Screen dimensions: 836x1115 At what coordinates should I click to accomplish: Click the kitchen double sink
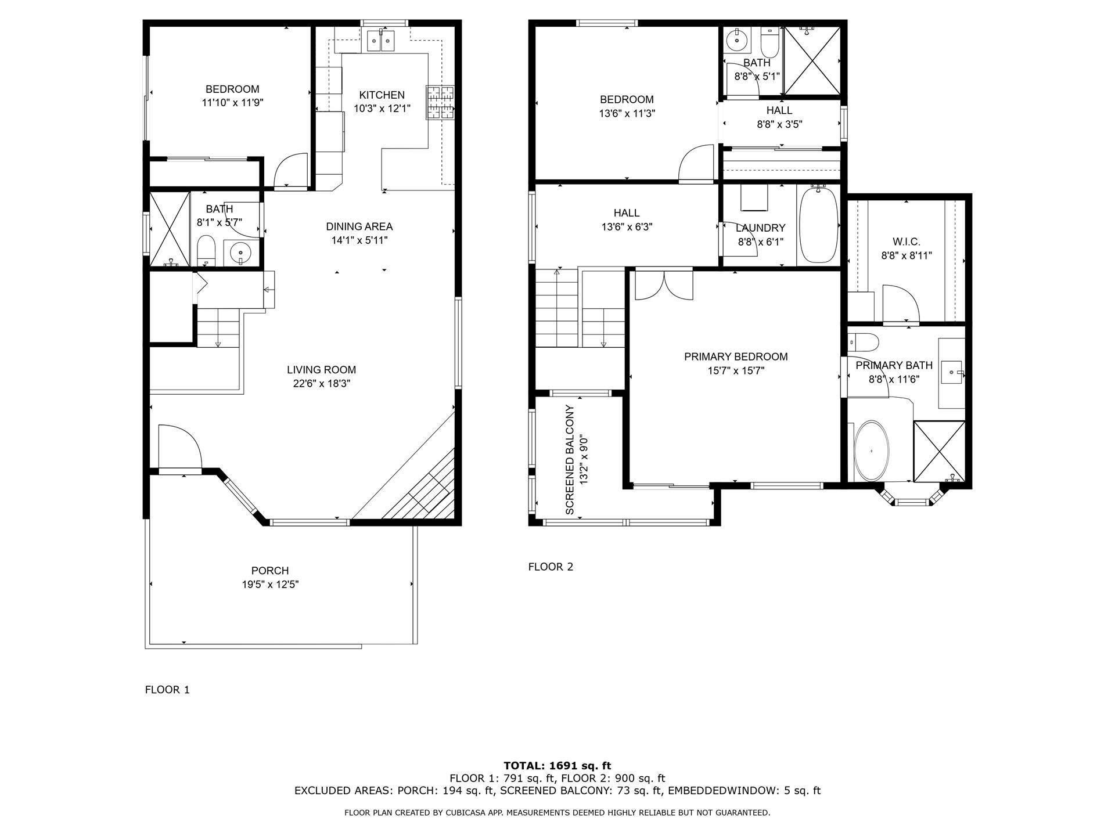pyautogui.click(x=382, y=40)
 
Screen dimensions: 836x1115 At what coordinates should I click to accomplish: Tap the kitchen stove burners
pyautogui.click(x=441, y=103)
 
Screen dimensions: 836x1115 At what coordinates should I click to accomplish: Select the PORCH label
pyautogui.click(x=270, y=571)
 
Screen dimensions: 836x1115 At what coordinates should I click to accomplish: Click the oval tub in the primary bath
pyautogui.click(x=871, y=451)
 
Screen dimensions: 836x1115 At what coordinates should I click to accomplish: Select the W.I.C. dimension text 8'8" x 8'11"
pyautogui.click(x=906, y=255)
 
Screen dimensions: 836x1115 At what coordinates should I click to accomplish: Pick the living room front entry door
pyautogui.click(x=180, y=447)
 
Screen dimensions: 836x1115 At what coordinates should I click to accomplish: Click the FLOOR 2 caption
pyautogui.click(x=551, y=567)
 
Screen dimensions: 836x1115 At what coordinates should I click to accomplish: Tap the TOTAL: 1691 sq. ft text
pyautogui.click(x=557, y=766)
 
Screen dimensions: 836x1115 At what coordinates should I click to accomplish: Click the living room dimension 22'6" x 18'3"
pyautogui.click(x=322, y=383)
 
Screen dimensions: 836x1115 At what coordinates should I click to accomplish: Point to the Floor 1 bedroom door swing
pyautogui.click(x=290, y=171)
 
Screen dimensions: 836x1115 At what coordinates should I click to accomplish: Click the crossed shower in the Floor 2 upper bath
pyautogui.click(x=811, y=60)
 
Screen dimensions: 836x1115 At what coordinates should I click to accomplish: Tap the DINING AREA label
pyautogui.click(x=359, y=226)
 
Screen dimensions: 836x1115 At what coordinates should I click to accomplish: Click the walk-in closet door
pyautogui.click(x=900, y=305)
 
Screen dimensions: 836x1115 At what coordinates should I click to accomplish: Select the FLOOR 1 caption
pyautogui.click(x=167, y=690)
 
